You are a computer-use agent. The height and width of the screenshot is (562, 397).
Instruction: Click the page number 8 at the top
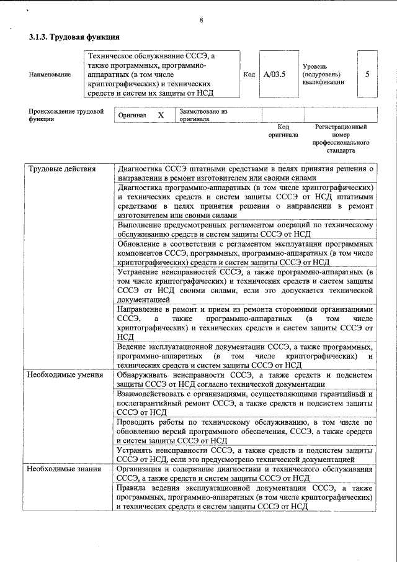(201, 20)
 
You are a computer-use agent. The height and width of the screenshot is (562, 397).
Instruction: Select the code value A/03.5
(274, 75)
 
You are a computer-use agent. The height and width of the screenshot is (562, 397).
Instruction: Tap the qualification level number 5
(367, 74)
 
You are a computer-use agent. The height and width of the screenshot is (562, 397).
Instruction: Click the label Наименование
(50, 75)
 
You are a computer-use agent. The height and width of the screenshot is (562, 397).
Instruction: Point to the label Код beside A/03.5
(249, 75)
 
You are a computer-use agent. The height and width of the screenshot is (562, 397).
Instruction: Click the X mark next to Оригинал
(161, 116)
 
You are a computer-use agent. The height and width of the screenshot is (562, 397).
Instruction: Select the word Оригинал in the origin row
(131, 116)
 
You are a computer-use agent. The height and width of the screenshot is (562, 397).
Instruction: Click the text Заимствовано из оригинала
(203, 116)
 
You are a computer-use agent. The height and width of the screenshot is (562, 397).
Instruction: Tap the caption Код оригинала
(283, 130)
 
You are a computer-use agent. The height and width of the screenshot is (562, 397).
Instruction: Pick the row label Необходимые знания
(64, 469)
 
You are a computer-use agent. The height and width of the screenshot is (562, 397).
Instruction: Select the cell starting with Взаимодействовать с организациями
(245, 403)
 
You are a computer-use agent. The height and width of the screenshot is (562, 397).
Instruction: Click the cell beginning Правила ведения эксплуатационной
(245, 497)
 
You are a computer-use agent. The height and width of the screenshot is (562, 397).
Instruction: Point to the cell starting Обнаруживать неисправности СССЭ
(245, 379)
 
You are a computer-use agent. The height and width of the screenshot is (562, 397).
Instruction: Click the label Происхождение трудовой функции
(66, 116)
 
